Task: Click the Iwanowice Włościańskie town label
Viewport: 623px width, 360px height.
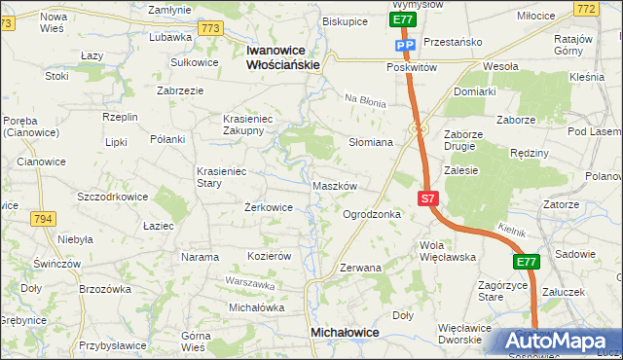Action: click(x=283, y=56)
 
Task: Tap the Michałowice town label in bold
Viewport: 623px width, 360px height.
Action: click(x=345, y=333)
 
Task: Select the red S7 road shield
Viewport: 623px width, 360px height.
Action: click(x=428, y=198)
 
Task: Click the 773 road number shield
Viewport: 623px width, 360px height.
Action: click(x=209, y=29)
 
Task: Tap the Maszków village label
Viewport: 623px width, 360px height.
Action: click(x=336, y=185)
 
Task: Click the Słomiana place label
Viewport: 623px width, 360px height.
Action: click(x=371, y=142)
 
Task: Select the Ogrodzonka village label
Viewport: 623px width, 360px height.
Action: click(x=372, y=214)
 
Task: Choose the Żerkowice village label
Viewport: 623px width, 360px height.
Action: click(x=268, y=207)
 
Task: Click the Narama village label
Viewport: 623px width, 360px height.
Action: click(x=200, y=257)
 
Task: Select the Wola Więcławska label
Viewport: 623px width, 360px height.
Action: click(x=447, y=251)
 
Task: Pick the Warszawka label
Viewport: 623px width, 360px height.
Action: click(x=245, y=282)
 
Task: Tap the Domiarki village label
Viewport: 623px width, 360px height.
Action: click(x=474, y=91)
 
